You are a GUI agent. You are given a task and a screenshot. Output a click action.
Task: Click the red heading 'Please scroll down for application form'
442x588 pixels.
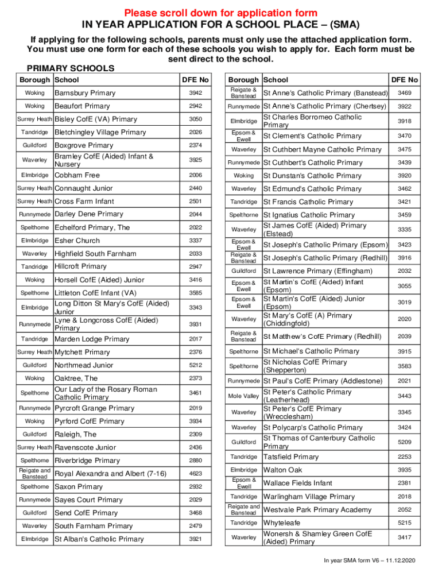(221, 13)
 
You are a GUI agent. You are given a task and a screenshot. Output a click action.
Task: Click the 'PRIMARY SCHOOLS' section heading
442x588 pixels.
(71, 68)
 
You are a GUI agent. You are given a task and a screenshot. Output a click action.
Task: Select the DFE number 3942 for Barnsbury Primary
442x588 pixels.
(196, 93)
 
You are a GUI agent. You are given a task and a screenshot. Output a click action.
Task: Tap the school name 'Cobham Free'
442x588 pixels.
(77, 175)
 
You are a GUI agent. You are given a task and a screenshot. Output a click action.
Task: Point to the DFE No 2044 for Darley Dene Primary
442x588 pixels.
(196, 214)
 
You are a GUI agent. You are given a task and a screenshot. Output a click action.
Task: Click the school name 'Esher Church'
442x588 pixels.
(77, 241)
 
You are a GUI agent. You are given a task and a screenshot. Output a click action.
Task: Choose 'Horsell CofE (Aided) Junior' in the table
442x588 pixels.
(99, 280)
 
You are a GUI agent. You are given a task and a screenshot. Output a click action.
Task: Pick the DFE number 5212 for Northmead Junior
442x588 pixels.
(196, 365)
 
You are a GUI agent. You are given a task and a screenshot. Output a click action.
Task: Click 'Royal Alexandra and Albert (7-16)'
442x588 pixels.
(110, 474)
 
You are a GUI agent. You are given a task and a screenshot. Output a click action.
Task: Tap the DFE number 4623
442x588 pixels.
(196, 474)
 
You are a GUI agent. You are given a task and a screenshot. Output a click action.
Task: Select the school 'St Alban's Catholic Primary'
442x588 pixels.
(99, 539)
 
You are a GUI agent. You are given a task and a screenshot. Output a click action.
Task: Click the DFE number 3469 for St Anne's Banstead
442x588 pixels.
(404, 93)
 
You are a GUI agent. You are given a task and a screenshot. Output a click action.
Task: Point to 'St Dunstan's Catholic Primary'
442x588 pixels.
(312, 176)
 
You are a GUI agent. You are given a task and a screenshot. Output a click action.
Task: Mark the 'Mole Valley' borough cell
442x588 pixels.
(243, 396)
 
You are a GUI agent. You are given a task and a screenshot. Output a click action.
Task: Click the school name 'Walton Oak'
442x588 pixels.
(282, 470)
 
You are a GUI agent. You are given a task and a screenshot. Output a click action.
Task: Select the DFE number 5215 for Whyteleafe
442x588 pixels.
(404, 523)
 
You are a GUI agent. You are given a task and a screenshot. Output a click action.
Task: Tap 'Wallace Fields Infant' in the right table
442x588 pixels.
(297, 483)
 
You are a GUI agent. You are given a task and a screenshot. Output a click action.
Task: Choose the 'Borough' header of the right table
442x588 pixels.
(243, 80)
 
